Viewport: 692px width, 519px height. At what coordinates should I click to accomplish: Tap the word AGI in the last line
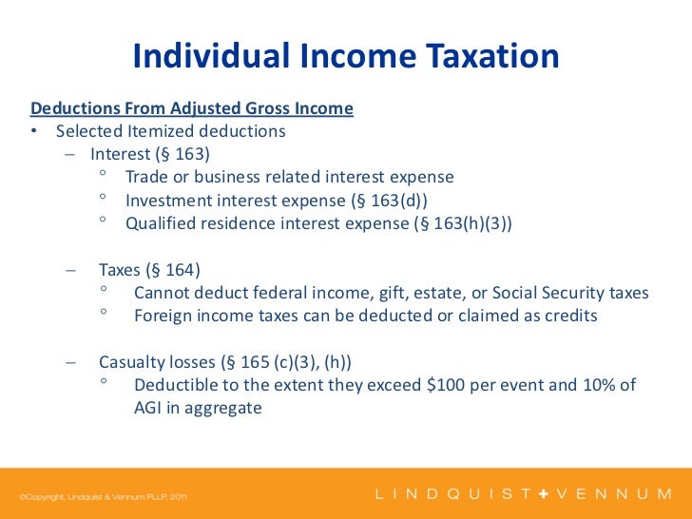coord(150,408)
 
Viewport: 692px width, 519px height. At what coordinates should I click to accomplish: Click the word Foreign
coord(166,316)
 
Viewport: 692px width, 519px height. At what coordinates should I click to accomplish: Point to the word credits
coord(568,316)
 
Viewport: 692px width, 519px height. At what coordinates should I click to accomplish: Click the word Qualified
coord(162,223)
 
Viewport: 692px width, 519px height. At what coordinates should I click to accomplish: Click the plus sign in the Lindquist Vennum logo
coord(545,494)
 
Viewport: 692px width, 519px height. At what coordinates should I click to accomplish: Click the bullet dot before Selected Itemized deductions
coord(33,132)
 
